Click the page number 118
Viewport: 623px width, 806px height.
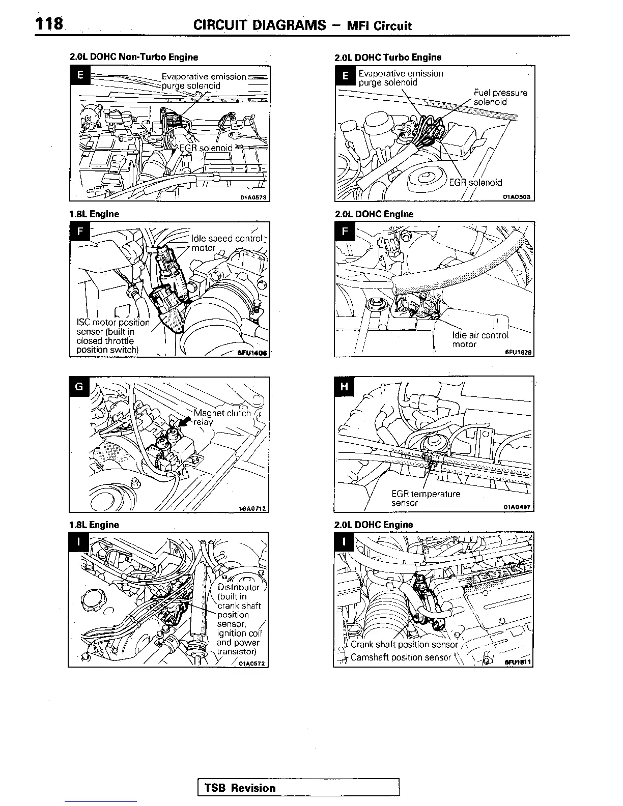[49, 23]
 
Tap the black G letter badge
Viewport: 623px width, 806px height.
[79, 386]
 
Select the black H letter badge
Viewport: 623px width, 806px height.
[344, 386]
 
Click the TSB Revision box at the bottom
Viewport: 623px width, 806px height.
[298, 788]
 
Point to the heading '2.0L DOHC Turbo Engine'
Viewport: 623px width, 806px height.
[388, 57]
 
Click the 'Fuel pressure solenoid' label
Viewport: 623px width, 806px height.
[500, 97]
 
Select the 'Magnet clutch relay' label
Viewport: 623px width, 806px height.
[222, 417]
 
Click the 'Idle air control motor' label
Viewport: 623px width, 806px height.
[479, 339]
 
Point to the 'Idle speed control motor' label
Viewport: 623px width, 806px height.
[226, 243]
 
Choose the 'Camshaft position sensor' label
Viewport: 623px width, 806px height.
[401, 657]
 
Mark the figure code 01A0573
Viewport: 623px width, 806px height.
[253, 197]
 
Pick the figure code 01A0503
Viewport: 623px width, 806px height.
[517, 197]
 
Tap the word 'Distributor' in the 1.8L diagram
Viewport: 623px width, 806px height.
[238, 587]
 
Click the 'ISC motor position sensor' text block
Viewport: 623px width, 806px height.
[112, 336]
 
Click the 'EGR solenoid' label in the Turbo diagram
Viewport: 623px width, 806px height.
[475, 183]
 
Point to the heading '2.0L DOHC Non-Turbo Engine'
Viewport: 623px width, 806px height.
[133, 57]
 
